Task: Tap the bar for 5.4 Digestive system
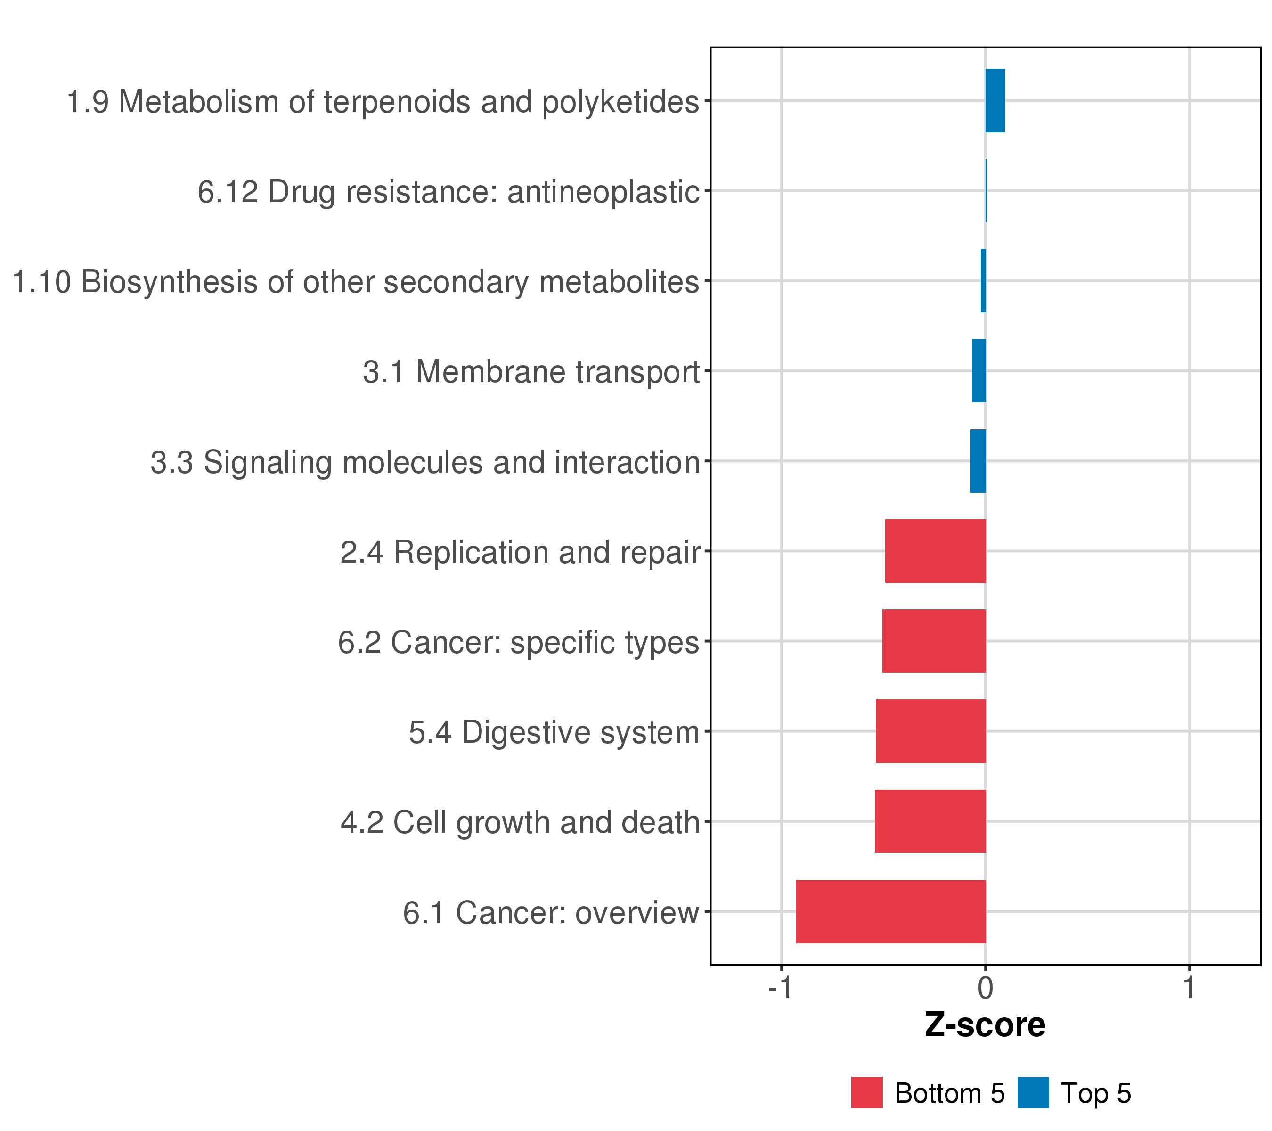pos(930,731)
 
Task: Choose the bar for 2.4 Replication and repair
pos(935,551)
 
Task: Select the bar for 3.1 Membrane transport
pos(979,371)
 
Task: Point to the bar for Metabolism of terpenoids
pos(995,101)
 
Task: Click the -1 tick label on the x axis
pos(780,989)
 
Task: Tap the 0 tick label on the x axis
pos(985,989)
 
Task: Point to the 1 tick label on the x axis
pos(1189,989)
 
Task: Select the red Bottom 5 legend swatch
pos(867,1093)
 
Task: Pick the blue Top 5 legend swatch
pos(1033,1093)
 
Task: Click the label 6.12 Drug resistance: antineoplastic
pos(448,192)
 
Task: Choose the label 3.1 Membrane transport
pos(531,372)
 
